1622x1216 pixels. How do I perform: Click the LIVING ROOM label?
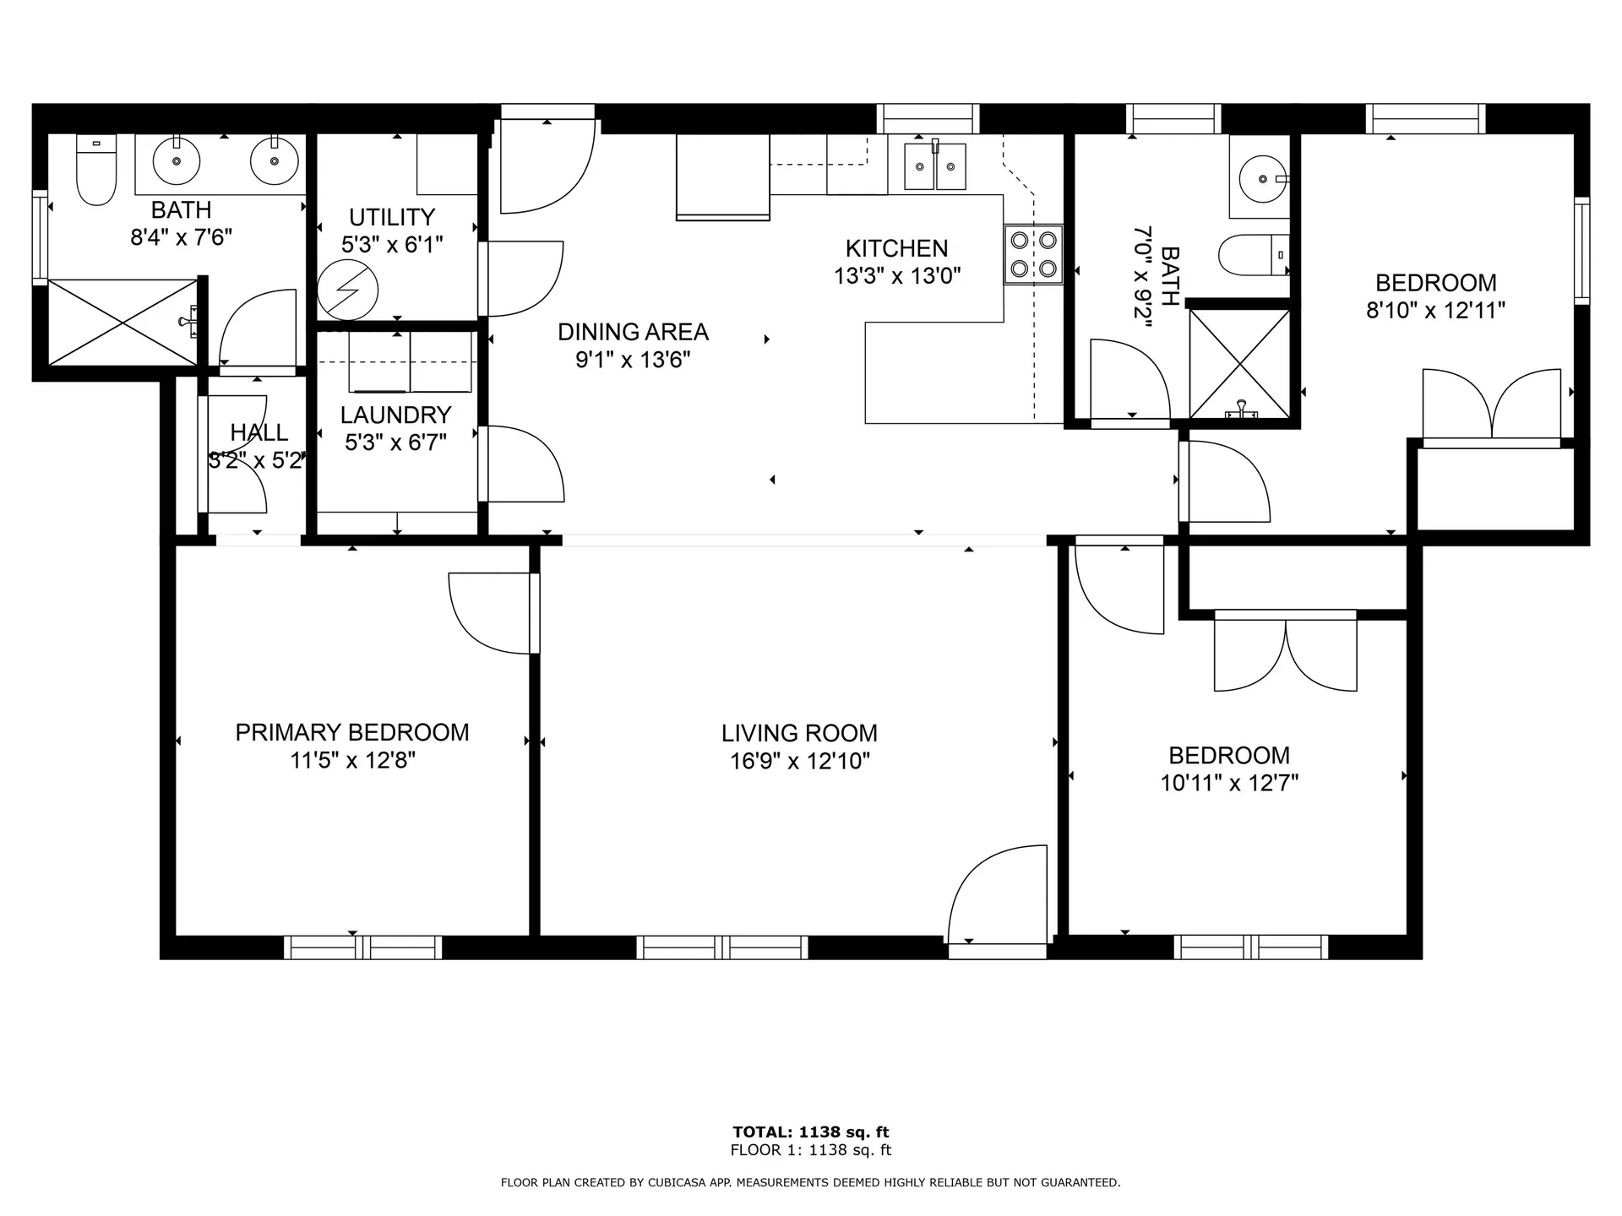[799, 733]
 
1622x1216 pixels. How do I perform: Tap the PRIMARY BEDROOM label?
[352, 732]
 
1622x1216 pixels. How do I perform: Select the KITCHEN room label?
[896, 248]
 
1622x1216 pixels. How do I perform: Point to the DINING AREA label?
[633, 332]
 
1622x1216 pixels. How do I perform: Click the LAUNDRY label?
[395, 415]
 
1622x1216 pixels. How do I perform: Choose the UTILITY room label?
[392, 217]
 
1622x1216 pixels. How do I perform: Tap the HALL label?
[259, 432]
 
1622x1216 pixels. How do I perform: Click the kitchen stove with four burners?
[1033, 255]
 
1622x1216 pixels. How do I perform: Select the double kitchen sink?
[934, 166]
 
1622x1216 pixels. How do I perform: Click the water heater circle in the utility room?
[347, 290]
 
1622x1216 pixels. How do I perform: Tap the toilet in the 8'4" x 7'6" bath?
[95, 170]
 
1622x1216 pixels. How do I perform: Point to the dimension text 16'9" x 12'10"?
[799, 761]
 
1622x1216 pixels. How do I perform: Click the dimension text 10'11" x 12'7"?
[1229, 783]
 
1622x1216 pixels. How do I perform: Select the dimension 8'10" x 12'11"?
[1435, 311]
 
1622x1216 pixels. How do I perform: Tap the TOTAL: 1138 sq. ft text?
[811, 1132]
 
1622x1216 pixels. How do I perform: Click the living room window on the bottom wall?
[722, 947]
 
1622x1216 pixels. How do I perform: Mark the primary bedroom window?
[363, 947]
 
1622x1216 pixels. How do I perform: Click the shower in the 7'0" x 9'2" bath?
[1239, 363]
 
